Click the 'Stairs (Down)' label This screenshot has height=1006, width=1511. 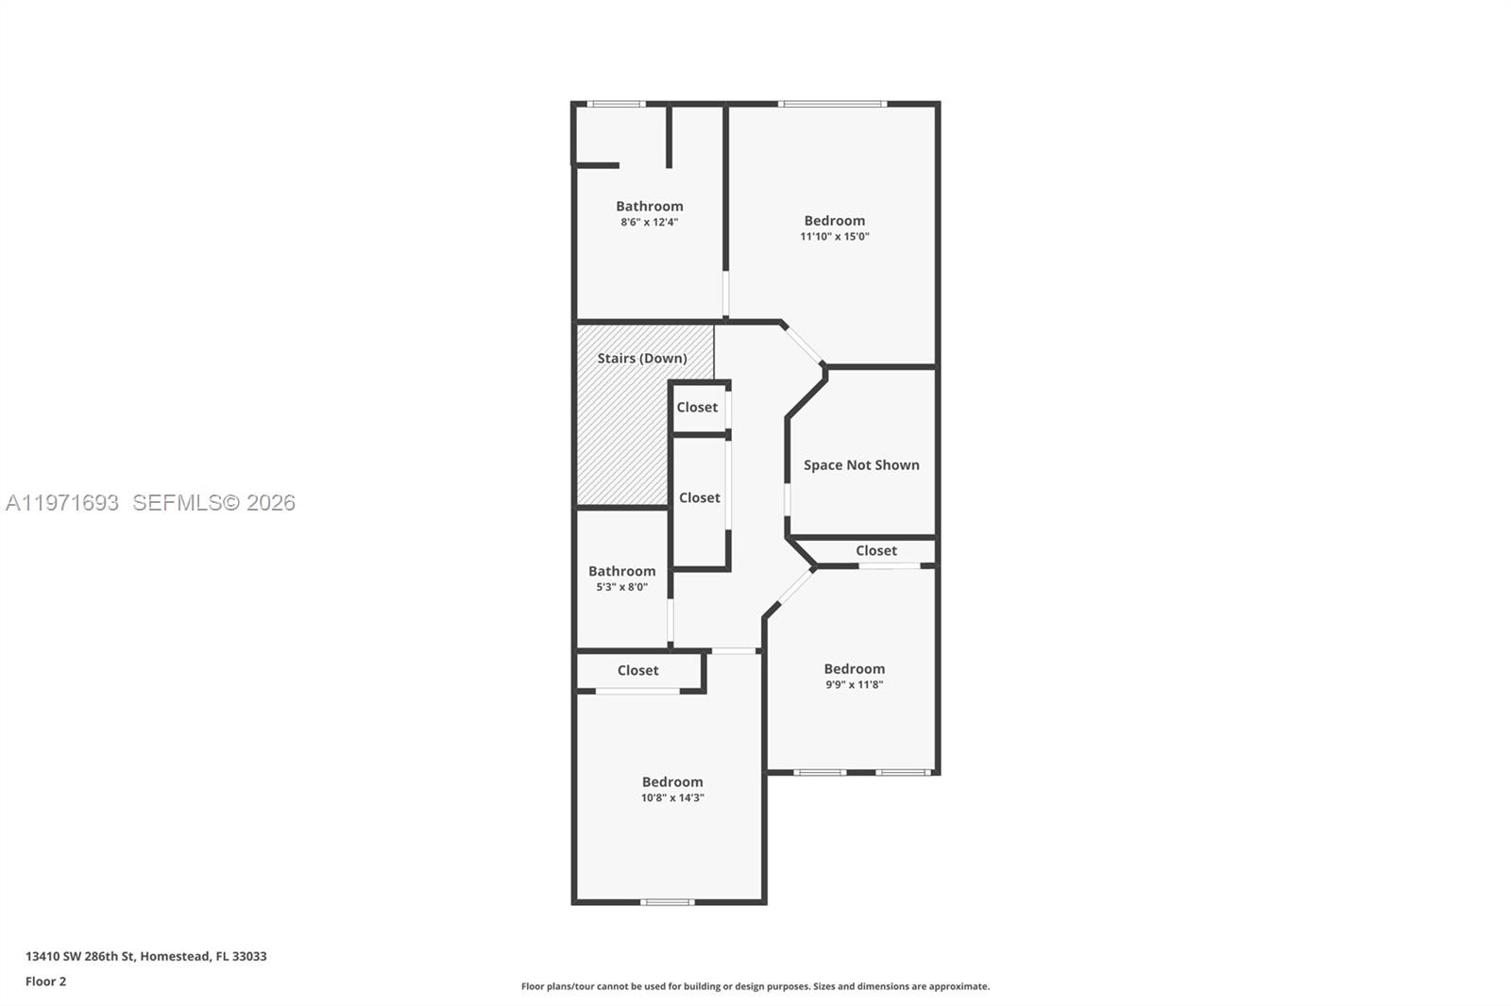point(642,359)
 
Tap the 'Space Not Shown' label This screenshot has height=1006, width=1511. point(861,465)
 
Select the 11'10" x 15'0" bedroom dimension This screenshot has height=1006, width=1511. point(835,237)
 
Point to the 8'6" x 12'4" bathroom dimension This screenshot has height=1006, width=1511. point(650,223)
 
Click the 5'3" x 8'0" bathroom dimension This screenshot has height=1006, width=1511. point(621,587)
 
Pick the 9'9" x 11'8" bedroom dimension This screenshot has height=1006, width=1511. point(854,685)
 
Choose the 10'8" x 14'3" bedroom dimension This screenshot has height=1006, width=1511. point(672,798)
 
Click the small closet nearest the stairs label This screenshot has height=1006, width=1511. point(697,408)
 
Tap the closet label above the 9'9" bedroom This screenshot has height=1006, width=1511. point(876,551)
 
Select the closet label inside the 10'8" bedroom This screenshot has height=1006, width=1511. point(638,671)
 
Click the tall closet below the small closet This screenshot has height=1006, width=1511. point(700,498)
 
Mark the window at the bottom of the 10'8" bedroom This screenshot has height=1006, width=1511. point(667,902)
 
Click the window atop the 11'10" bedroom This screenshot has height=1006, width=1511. point(832,104)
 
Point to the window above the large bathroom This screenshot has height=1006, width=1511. point(616,104)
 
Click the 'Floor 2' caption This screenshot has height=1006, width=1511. point(45,981)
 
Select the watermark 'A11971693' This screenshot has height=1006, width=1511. point(62,503)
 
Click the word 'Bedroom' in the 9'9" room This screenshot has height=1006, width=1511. point(854,669)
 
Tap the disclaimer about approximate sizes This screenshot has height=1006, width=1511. point(755,986)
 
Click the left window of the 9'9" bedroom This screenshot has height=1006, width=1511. point(820,773)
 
